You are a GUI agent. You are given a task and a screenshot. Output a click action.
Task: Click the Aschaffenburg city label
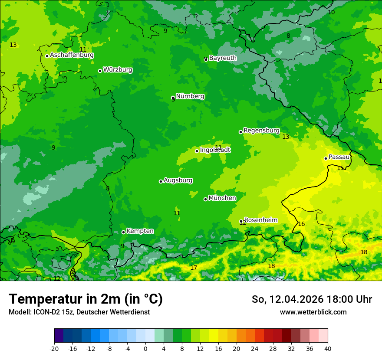[72, 55]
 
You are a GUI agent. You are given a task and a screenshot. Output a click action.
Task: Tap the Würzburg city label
[118, 70]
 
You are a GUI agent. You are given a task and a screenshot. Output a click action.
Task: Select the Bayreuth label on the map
[223, 58]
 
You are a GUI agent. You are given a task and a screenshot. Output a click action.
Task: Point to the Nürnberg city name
[190, 96]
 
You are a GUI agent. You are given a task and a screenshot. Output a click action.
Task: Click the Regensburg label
[261, 131]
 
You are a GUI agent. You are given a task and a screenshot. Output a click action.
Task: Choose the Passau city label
[339, 157]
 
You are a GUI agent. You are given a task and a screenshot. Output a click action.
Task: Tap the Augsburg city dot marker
[161, 181]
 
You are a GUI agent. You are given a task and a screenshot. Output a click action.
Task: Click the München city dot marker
[205, 199]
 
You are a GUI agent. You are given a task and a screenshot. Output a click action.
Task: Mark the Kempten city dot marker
[123, 232]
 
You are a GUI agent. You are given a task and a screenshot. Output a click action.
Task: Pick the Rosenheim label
[260, 220]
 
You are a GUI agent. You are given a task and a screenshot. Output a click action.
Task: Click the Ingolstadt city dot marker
[197, 151]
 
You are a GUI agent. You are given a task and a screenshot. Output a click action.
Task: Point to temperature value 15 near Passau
[341, 168]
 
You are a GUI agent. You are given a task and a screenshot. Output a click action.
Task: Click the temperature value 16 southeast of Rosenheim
[301, 224]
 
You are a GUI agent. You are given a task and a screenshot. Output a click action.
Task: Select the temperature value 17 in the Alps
[194, 268]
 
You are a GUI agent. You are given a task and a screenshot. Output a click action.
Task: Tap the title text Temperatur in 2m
[86, 299]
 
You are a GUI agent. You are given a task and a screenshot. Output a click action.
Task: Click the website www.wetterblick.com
[313, 312]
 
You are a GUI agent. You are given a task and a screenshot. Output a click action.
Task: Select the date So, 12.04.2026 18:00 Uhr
[312, 299]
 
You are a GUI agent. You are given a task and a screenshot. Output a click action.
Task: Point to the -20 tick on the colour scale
[54, 348]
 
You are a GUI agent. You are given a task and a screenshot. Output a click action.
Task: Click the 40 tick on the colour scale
[328, 348]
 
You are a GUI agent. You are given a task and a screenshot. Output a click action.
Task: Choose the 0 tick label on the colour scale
[145, 348]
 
